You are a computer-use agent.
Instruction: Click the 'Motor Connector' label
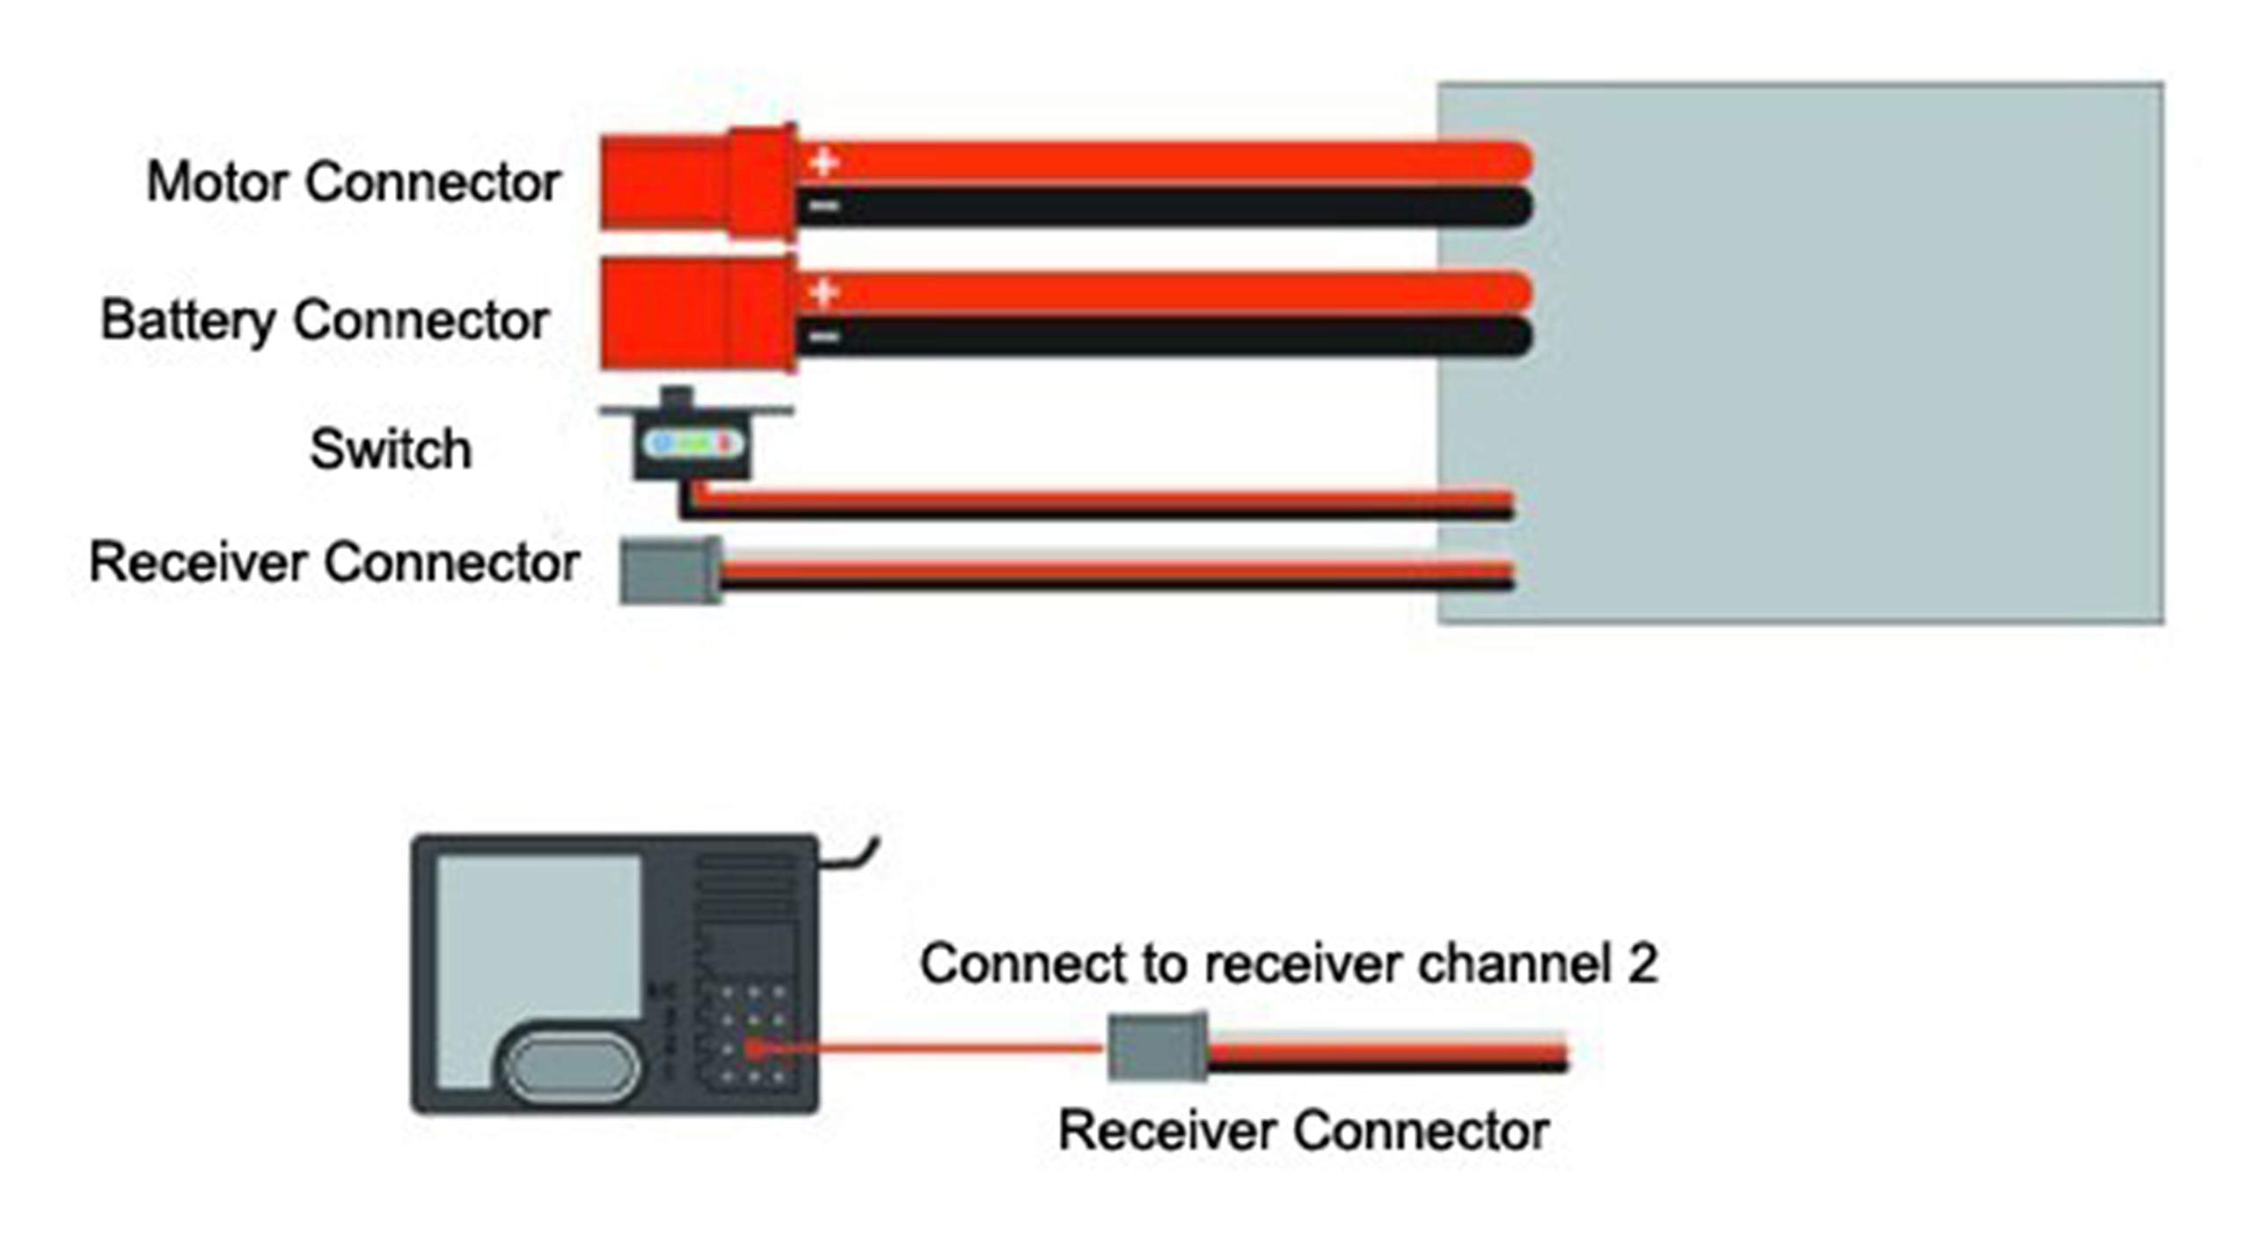point(353,182)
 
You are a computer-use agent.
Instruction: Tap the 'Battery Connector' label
point(325,319)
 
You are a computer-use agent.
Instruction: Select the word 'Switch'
point(391,449)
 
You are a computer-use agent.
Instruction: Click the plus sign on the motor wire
point(823,162)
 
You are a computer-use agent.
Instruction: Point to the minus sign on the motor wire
point(824,207)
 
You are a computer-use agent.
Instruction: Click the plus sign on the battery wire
point(823,291)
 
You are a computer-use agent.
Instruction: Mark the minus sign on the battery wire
point(824,336)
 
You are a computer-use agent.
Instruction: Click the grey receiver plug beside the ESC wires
point(670,570)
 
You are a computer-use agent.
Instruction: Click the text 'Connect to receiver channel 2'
point(1288,963)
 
